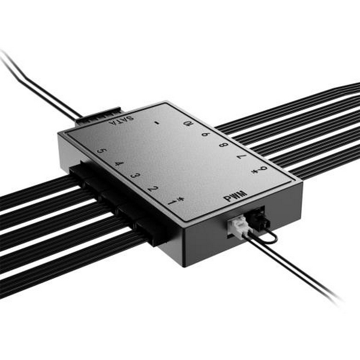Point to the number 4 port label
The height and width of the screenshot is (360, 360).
tap(119, 163)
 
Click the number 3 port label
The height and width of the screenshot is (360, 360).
tap(136, 176)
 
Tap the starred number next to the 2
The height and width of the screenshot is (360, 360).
tap(174, 202)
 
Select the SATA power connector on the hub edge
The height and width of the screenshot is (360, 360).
tap(99, 118)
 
